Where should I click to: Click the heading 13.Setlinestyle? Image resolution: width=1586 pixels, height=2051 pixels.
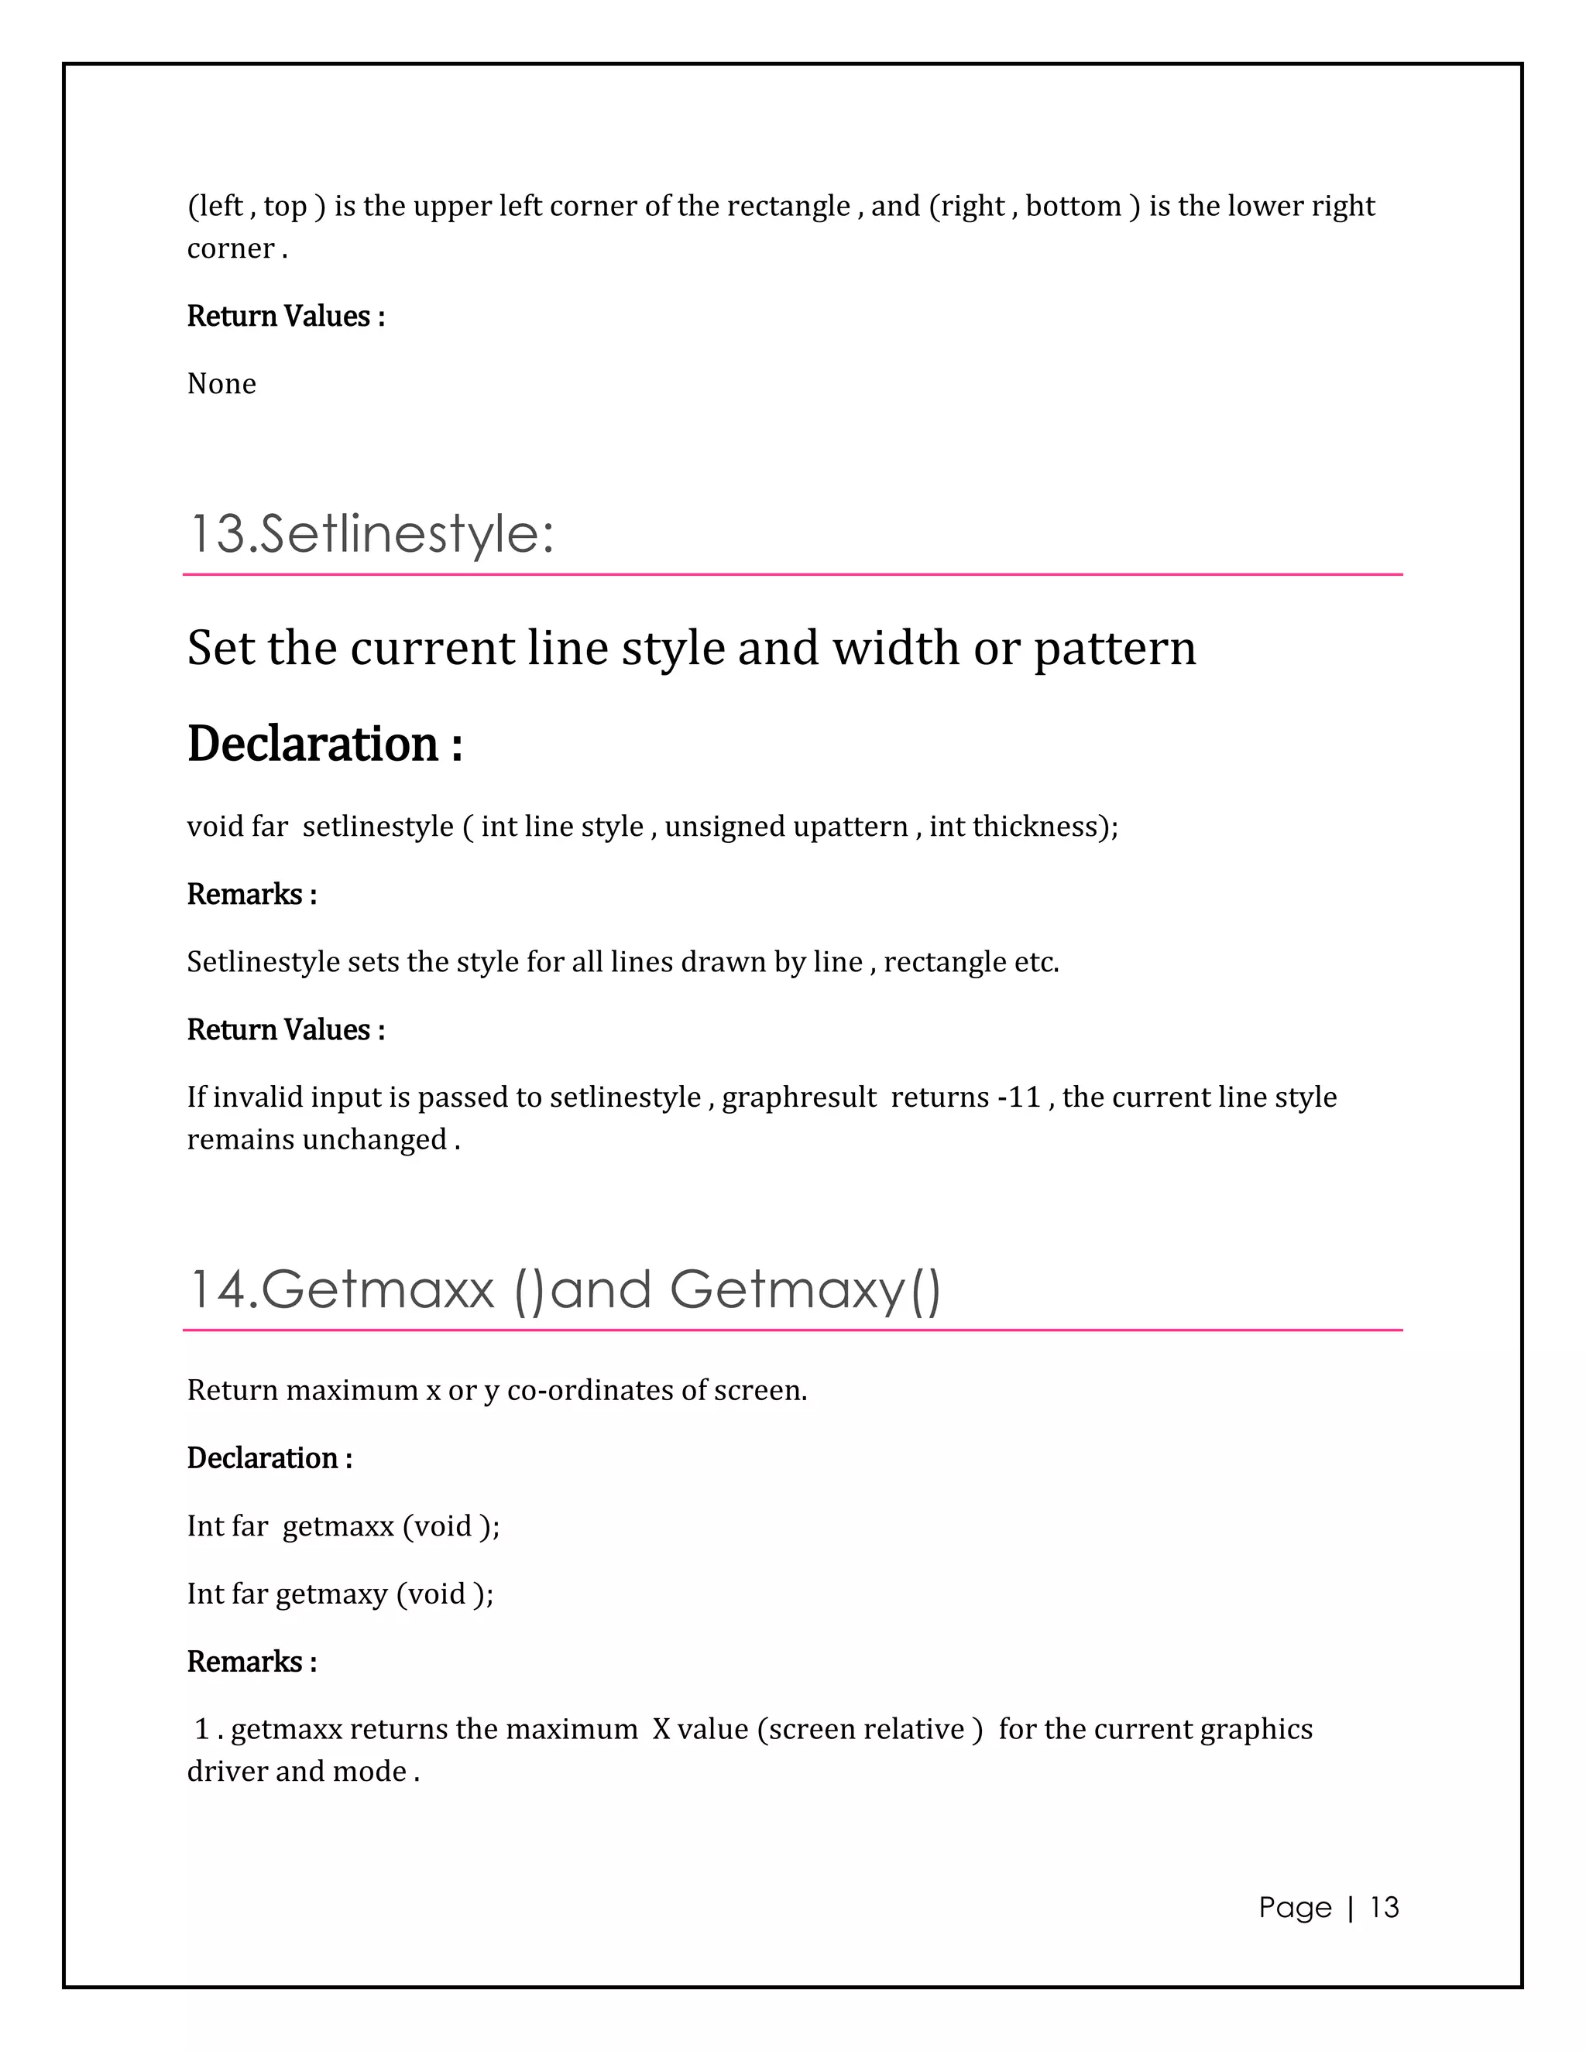pos(371,533)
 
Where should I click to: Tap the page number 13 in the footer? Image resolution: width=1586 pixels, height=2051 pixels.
pos(1384,1906)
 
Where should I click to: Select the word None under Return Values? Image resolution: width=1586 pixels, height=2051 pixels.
pos(221,383)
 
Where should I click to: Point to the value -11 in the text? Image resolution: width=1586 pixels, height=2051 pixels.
pos(1018,1096)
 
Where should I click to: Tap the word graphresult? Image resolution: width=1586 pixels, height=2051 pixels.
pos(798,1096)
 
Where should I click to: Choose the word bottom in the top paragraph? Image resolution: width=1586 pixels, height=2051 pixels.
pos(1073,206)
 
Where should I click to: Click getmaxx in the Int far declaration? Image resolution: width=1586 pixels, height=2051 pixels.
pos(338,1525)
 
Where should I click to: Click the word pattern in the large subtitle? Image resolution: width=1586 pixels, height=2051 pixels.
pos(1114,648)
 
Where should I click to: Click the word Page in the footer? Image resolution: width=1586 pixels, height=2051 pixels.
pos(1295,1906)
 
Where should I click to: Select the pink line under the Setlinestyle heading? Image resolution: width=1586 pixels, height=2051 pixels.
pos(792,574)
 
